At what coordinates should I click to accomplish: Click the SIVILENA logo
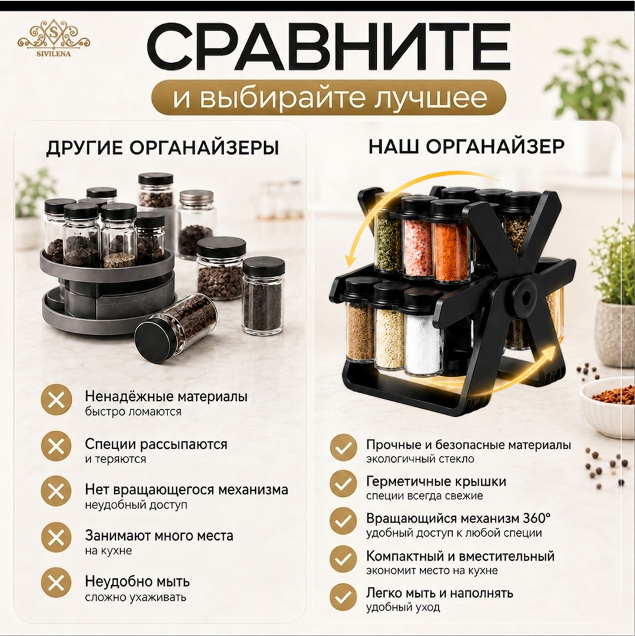pyautogui.click(x=54, y=37)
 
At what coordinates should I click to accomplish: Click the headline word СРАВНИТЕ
pyautogui.click(x=328, y=48)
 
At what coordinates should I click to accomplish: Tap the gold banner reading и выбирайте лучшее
pyautogui.click(x=329, y=98)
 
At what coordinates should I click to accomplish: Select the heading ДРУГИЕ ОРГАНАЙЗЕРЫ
pyautogui.click(x=162, y=148)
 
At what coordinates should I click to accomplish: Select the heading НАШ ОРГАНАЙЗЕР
pyautogui.click(x=466, y=146)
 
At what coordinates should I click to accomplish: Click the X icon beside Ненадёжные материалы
pyautogui.click(x=56, y=400)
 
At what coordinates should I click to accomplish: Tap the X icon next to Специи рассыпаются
pyautogui.click(x=56, y=446)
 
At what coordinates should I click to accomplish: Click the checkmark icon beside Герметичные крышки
pyautogui.click(x=343, y=484)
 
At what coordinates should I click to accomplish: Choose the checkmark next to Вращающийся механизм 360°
pyautogui.click(x=343, y=521)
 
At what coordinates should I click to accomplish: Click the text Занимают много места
pyautogui.click(x=159, y=536)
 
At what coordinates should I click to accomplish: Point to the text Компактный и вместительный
pyautogui.click(x=460, y=555)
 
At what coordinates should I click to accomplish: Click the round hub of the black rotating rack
pyautogui.click(x=526, y=299)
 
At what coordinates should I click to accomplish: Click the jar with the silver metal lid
pyautogui.click(x=196, y=225)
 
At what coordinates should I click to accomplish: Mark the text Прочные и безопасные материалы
pyautogui.click(x=469, y=444)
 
